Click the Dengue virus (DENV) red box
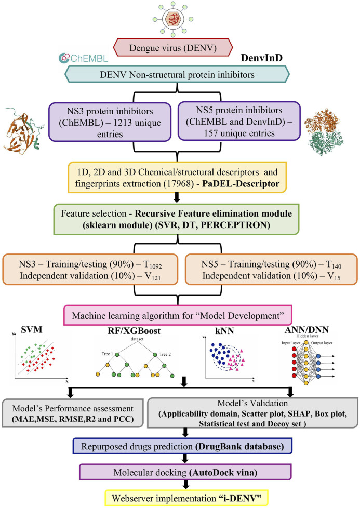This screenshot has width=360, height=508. tap(173, 47)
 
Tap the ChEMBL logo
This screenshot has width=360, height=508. tap(83, 58)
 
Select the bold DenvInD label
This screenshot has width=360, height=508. tap(261, 58)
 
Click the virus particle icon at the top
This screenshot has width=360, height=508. tap(173, 19)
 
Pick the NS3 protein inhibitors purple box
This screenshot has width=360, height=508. tap(110, 122)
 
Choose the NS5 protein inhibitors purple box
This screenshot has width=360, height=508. tap(239, 121)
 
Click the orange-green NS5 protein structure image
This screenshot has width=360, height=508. tap(324, 132)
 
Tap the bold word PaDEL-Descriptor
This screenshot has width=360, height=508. tap(241, 184)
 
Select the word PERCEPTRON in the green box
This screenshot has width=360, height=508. tap(235, 225)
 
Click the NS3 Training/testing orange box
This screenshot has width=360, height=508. tap(90, 270)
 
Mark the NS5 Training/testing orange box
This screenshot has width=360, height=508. tap(271, 270)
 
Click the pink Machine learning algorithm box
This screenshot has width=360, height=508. tap(178, 315)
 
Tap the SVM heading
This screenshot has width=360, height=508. tap(32, 330)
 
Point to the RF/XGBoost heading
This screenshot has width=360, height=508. tap(134, 331)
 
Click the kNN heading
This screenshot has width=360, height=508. tap(224, 331)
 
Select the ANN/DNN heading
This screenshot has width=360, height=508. tap(306, 330)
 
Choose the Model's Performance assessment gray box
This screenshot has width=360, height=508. tap(73, 413)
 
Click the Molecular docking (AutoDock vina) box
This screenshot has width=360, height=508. tap(185, 472)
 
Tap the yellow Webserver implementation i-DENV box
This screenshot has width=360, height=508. tap(186, 498)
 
